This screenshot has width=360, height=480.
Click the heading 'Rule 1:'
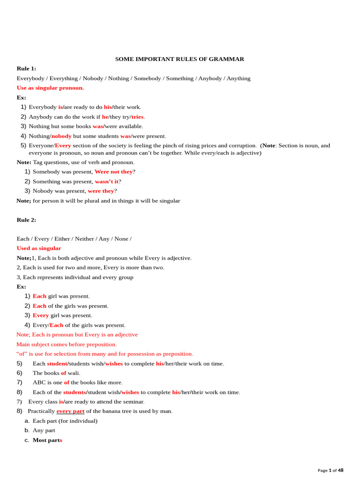(26, 68)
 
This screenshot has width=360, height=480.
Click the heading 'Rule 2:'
(26, 219)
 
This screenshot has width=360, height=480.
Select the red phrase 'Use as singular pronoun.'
(50, 88)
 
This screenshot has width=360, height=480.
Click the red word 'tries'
(137, 117)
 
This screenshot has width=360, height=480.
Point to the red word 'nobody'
(61, 136)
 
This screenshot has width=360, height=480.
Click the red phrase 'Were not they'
(113, 172)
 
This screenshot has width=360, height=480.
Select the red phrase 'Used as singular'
(39, 248)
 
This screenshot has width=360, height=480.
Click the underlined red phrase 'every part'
(70, 411)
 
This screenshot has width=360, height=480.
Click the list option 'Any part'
(44, 430)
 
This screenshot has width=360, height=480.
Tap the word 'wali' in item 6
(73, 373)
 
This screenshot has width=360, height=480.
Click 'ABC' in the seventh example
(39, 382)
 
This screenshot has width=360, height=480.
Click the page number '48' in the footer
(341, 470)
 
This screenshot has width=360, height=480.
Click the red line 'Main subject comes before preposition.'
(67, 344)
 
